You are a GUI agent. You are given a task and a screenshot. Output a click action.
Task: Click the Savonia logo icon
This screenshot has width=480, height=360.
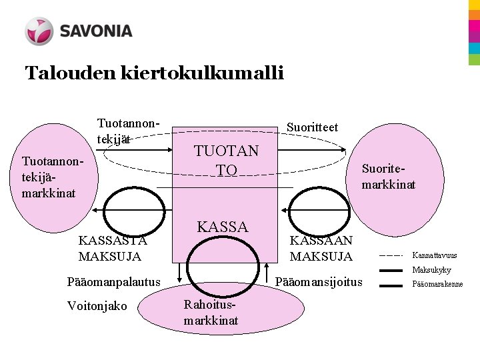pyautogui.click(x=39, y=31)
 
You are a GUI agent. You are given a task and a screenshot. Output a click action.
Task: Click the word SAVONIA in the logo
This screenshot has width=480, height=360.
pyautogui.click(x=96, y=31)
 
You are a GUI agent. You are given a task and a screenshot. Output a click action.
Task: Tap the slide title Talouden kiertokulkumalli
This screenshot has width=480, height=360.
pyautogui.click(x=154, y=72)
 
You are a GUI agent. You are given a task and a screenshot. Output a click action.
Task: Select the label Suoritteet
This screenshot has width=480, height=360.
pyautogui.click(x=311, y=127)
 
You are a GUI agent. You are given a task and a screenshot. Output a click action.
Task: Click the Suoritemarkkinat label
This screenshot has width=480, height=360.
pyautogui.click(x=388, y=177)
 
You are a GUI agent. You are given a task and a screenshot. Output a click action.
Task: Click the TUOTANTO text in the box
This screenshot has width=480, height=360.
pyautogui.click(x=226, y=161)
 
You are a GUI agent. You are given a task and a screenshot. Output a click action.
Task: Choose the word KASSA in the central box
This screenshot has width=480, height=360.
pyautogui.click(x=222, y=227)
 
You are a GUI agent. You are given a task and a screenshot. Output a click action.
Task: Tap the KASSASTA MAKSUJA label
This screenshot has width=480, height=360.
pyautogui.click(x=112, y=249)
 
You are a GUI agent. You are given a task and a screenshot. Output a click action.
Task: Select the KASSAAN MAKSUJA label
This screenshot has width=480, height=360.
pyautogui.click(x=321, y=248)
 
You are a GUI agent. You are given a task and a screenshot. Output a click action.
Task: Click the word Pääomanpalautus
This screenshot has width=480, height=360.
pyautogui.click(x=114, y=281)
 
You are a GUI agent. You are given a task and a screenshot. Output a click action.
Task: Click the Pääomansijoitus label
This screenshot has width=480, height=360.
pyautogui.click(x=319, y=281)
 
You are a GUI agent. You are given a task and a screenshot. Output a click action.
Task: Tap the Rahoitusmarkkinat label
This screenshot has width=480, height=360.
pyautogui.click(x=211, y=313)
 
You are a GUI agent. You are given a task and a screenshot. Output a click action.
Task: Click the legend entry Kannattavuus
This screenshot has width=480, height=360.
pyautogui.click(x=435, y=255)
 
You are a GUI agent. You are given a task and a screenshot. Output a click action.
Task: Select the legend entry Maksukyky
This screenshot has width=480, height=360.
pyautogui.click(x=431, y=270)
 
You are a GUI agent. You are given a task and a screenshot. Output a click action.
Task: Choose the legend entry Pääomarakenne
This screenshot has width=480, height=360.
pyautogui.click(x=437, y=285)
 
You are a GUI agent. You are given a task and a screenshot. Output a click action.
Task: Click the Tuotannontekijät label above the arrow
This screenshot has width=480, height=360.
pyautogui.click(x=129, y=131)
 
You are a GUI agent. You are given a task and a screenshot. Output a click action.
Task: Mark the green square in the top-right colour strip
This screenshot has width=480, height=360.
pyautogui.click(x=474, y=59)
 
